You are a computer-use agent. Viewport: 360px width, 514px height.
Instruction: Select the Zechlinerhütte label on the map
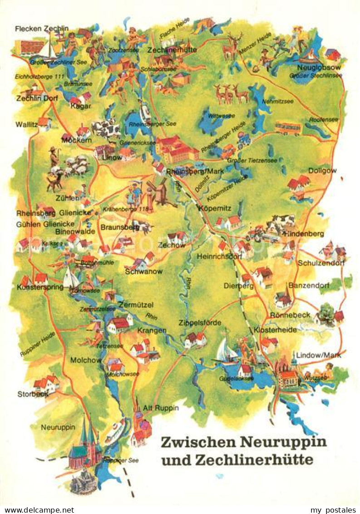pos(172,50)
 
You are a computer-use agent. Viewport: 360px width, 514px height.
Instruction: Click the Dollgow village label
pos(322,170)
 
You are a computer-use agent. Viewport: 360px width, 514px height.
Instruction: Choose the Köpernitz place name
pos(215,208)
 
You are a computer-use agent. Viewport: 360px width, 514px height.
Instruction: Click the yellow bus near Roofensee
pos(288,128)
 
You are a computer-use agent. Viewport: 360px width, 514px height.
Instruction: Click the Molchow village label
pos(86,360)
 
